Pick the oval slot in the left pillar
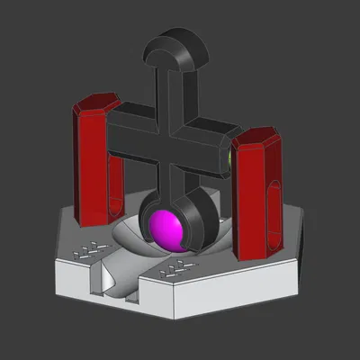click(x=114, y=180)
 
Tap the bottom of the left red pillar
click(x=90, y=216)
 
